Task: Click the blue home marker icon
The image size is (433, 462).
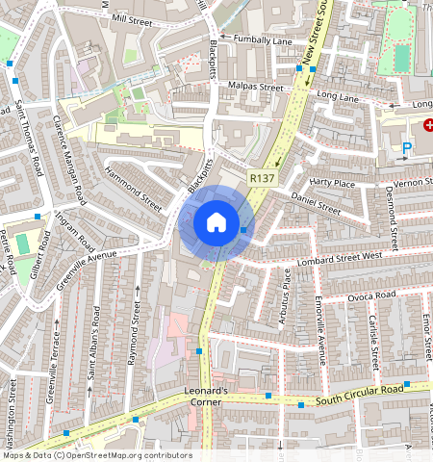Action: (216, 222)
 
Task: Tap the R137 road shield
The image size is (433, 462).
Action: (262, 178)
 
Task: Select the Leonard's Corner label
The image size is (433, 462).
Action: (206, 397)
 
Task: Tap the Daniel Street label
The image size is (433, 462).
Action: (316, 206)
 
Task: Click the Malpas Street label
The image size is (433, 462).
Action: (257, 88)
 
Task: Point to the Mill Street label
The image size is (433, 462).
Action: (132, 17)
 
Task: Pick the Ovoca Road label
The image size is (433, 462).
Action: (371, 295)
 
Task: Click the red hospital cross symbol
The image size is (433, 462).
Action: (428, 125)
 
